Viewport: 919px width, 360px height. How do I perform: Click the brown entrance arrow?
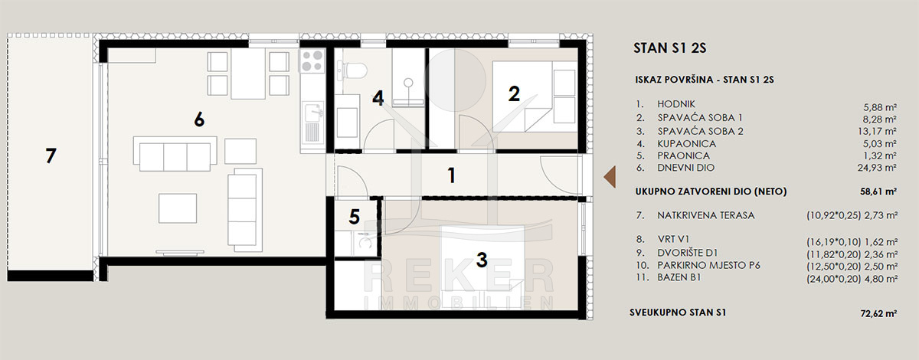click(610, 177)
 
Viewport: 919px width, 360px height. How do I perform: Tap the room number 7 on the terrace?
click(51, 156)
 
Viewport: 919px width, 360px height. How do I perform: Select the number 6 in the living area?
click(199, 119)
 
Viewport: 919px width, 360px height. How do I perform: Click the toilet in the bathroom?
click(352, 70)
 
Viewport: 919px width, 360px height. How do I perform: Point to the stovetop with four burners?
click(312, 61)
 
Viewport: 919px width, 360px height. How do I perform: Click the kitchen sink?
click(312, 113)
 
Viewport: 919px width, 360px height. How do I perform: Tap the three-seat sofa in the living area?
click(175, 154)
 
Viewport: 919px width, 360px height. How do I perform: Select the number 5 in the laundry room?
click(355, 217)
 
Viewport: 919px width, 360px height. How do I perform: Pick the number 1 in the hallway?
click(451, 175)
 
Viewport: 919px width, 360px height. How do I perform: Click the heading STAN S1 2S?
click(670, 48)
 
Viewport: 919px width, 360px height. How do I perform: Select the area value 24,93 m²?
click(877, 168)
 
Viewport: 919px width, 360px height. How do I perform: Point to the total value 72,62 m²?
click(878, 313)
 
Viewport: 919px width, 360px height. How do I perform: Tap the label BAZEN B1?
click(679, 277)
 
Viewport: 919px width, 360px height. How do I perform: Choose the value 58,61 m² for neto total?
click(878, 191)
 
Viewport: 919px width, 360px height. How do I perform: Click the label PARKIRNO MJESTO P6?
click(708, 266)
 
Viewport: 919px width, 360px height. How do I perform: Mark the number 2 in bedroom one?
click(514, 94)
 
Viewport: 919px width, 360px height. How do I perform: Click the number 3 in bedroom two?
click(482, 260)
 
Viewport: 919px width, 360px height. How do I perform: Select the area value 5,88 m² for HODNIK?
click(880, 107)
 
